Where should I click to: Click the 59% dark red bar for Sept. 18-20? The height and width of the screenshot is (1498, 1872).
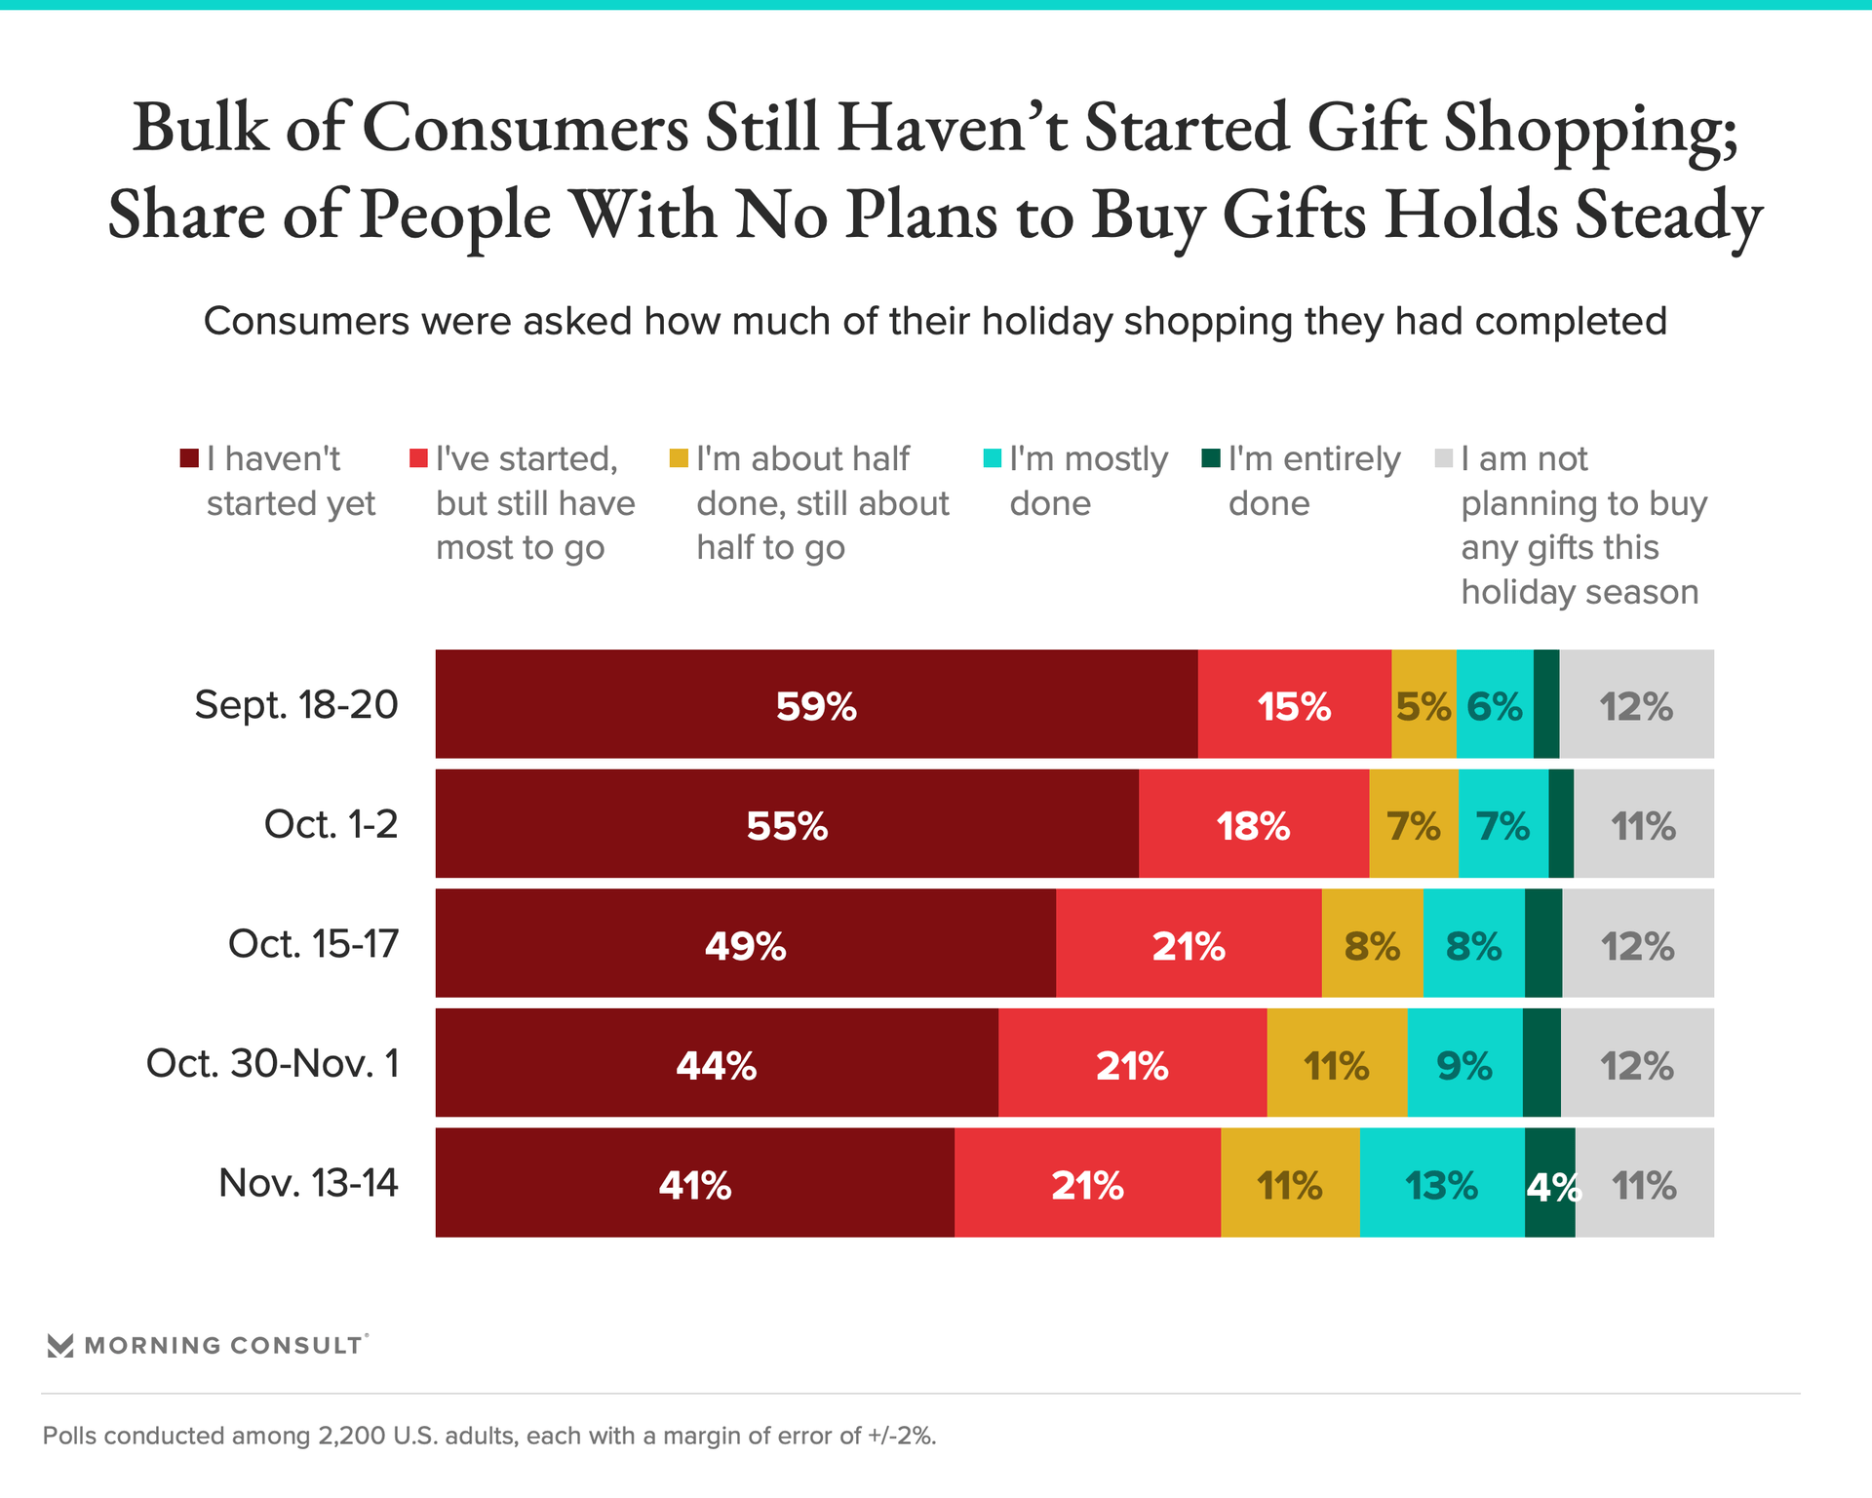click(x=816, y=704)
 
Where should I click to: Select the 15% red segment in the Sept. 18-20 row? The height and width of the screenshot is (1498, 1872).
click(x=1294, y=704)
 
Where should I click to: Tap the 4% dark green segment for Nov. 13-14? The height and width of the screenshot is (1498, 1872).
click(x=1549, y=1183)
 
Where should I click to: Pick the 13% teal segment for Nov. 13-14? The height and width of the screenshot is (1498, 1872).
click(x=1441, y=1183)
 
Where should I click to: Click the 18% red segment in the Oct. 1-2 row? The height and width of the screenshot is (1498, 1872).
click(x=1253, y=824)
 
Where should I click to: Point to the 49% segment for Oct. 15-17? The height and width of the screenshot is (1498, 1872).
click(x=745, y=944)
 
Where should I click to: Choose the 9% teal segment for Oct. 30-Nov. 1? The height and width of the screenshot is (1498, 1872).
click(x=1464, y=1063)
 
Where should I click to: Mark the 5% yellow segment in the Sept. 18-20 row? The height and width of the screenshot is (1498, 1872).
click(x=1423, y=704)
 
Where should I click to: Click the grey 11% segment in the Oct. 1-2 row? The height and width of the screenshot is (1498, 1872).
click(x=1643, y=824)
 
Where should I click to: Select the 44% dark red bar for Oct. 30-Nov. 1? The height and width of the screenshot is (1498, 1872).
click(x=717, y=1063)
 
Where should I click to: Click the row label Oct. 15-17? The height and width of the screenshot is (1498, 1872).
click(x=313, y=944)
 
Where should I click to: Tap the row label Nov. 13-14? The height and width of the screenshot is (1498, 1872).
click(x=308, y=1183)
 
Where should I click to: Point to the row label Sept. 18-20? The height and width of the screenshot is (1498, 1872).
click(x=296, y=704)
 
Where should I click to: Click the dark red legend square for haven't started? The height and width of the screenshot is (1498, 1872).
click(x=189, y=458)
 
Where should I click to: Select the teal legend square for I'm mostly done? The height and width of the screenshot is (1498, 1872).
click(x=993, y=458)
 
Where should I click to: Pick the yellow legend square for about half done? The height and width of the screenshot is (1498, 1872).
click(x=679, y=458)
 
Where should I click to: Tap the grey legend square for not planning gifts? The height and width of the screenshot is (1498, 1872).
click(x=1444, y=458)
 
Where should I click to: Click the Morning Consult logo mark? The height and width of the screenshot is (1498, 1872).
click(x=60, y=1346)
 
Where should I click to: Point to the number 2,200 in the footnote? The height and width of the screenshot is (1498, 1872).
click(x=352, y=1436)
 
